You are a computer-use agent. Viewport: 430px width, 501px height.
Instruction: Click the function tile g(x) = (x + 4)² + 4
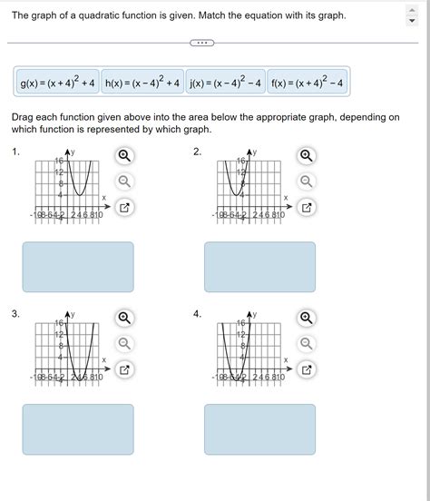click(x=56, y=83)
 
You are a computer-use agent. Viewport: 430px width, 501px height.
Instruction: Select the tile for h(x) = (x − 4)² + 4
click(x=143, y=83)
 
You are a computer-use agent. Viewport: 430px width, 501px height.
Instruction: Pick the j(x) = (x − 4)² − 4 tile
click(x=225, y=83)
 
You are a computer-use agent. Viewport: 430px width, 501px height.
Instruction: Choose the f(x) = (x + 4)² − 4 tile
click(x=307, y=83)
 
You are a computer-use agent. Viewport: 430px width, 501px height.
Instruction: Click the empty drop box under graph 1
click(x=78, y=267)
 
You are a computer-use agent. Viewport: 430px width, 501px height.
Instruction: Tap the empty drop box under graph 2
click(x=259, y=267)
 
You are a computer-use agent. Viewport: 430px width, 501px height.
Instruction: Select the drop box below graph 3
click(x=78, y=429)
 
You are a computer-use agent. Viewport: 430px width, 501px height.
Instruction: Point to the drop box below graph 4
click(x=259, y=429)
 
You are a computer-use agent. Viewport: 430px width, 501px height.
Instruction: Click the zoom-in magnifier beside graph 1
click(x=124, y=155)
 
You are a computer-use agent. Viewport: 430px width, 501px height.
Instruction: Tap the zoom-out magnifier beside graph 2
click(x=307, y=182)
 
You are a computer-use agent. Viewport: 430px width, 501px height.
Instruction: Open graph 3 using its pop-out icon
click(x=124, y=369)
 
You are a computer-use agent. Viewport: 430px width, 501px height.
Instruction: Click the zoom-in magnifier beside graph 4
click(x=307, y=318)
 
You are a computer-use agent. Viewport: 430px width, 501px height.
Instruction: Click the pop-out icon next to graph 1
click(x=124, y=208)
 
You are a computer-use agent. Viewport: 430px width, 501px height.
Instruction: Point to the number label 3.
click(x=15, y=313)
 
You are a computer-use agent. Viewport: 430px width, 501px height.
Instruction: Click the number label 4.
click(x=197, y=313)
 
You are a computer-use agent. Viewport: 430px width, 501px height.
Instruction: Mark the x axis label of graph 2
click(x=286, y=198)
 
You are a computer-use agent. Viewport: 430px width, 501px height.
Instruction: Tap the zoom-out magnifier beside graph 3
click(x=124, y=343)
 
